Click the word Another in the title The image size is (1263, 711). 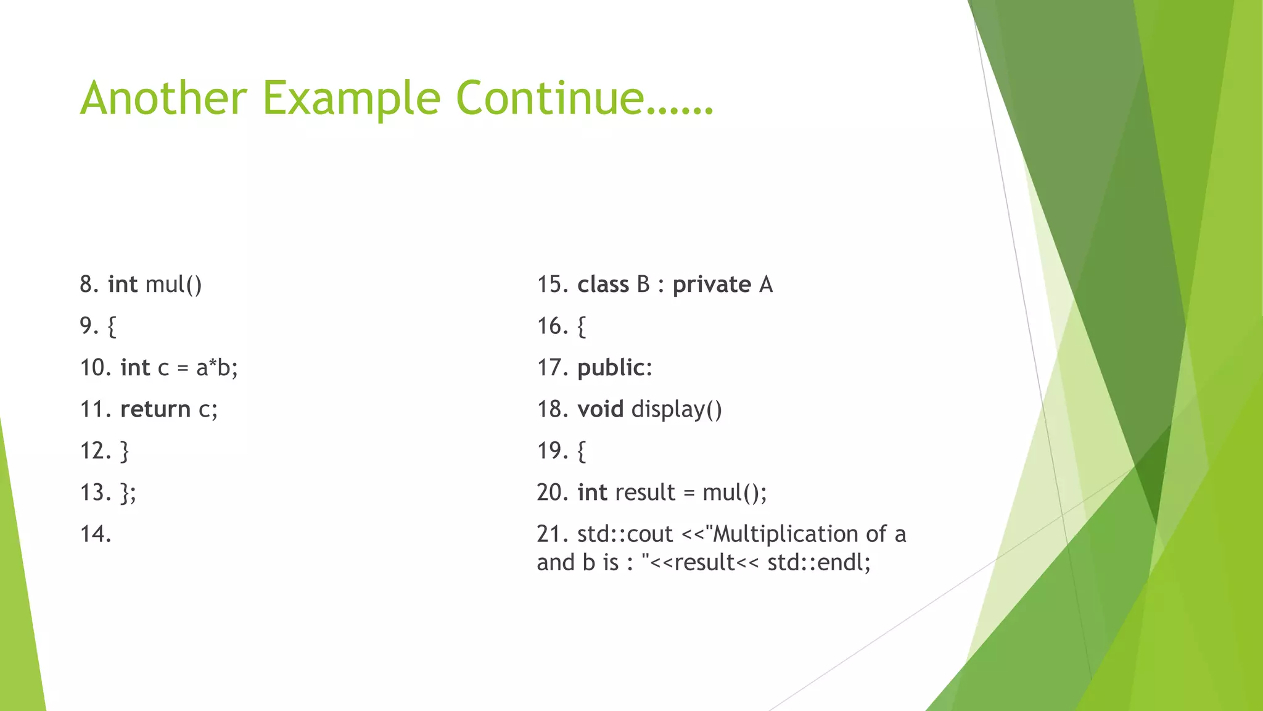click(163, 98)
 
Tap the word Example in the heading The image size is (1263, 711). click(352, 99)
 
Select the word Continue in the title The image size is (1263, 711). click(550, 98)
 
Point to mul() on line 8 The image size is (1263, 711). click(173, 285)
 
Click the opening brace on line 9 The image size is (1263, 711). click(112, 326)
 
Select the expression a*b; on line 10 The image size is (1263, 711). click(216, 368)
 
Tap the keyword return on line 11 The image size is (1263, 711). click(155, 409)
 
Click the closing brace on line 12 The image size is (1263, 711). click(125, 451)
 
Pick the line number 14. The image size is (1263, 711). click(96, 534)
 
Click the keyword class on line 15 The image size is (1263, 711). click(603, 285)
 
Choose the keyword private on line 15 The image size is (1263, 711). click(712, 285)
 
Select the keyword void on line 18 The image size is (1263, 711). click(600, 409)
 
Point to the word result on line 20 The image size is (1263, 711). click(645, 493)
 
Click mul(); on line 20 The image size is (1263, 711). click(734, 493)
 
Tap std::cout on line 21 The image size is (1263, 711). click(625, 534)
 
